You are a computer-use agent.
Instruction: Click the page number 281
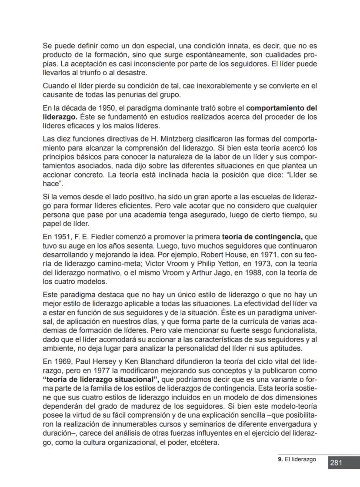336,463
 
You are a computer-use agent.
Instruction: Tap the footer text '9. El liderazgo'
297,459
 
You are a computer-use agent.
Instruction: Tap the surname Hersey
113,363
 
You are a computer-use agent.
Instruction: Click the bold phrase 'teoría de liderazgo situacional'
100,379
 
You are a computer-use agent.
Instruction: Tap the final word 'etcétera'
205,443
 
